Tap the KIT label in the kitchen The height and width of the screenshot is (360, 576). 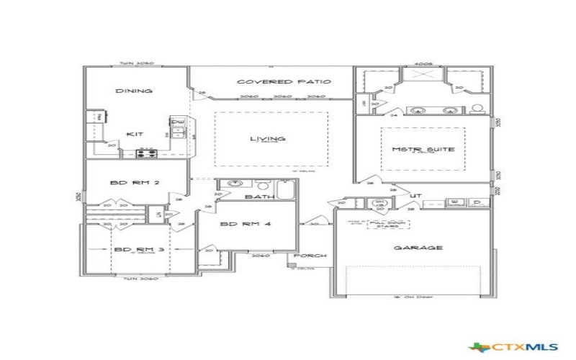[134, 134]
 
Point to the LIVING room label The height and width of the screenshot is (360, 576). [267, 139]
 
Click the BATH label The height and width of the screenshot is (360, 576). [256, 197]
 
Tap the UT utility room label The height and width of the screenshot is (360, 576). [416, 196]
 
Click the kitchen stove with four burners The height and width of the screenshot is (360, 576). [146, 152]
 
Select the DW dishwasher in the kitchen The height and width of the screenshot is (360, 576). [176, 122]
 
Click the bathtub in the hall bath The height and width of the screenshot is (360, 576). [285, 189]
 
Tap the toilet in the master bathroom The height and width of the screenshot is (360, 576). [476, 109]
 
